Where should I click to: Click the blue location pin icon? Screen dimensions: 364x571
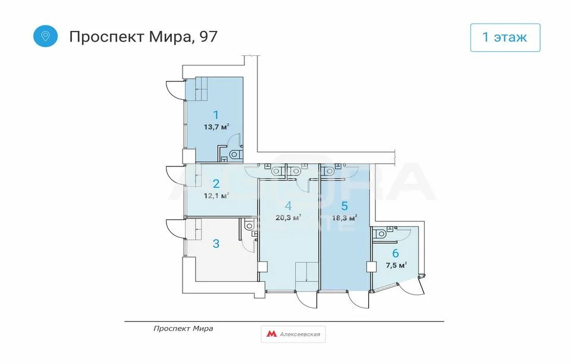pos(45,36)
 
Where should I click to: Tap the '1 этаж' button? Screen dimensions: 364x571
pos(505,37)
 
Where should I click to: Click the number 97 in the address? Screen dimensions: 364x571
pos(208,36)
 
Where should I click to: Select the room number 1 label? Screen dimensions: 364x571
pos(217,115)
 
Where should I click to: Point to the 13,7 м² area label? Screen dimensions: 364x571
pos(217,127)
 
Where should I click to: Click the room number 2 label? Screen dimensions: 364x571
pos(217,184)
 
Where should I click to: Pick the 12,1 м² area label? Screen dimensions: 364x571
pos(217,195)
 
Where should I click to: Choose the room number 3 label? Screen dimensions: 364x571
pos(217,243)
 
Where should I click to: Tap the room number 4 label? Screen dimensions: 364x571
pos(288,206)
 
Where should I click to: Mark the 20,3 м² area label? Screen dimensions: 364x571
pos(288,217)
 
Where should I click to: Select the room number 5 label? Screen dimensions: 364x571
pos(344,206)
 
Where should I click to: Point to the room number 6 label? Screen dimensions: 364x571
pos(396,253)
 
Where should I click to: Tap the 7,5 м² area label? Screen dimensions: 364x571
pos(396,265)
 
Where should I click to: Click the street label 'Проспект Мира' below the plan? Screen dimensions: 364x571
pos(183,328)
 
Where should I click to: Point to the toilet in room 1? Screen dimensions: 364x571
pos(235,155)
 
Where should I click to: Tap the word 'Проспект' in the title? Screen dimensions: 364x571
pos(104,36)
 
